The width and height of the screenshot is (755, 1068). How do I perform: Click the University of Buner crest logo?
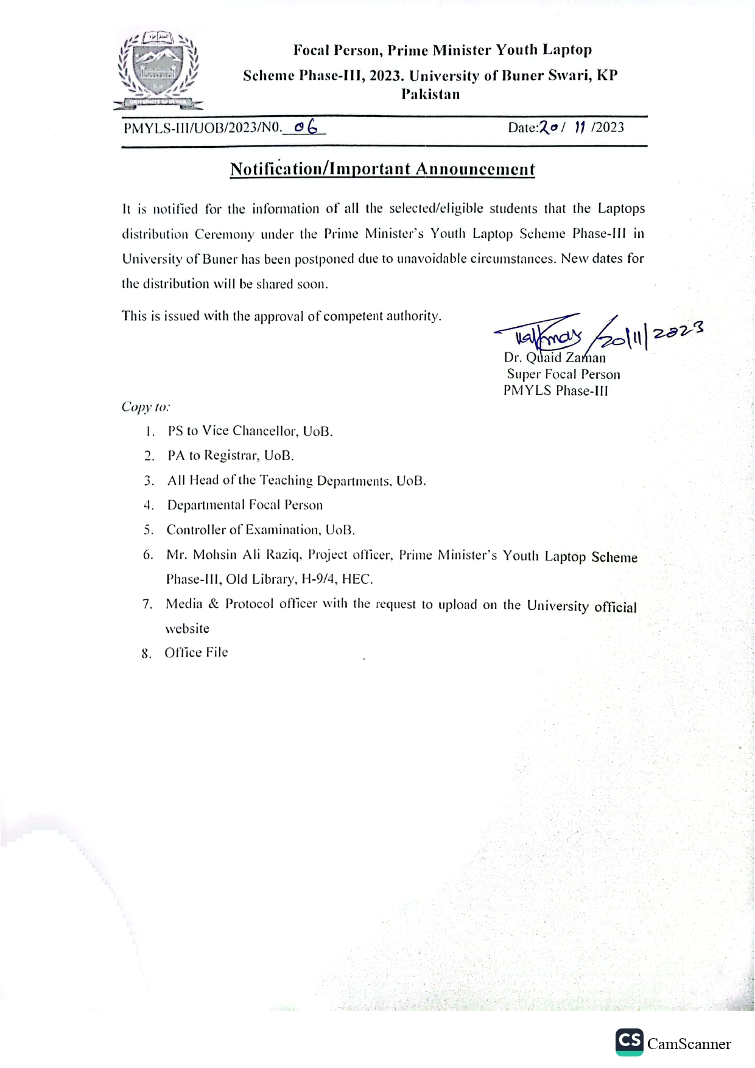[x=158, y=70]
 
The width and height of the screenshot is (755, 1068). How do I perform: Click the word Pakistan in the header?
[x=430, y=94]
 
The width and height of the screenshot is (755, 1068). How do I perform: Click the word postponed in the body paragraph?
[x=324, y=259]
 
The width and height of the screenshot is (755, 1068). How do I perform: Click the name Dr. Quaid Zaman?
[x=555, y=358]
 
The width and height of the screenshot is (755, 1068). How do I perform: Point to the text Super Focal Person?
[x=563, y=375]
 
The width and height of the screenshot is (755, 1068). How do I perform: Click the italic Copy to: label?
[x=146, y=407]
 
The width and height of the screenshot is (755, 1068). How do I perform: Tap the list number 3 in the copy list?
[x=149, y=481]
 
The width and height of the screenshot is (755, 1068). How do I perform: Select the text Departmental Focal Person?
[x=245, y=505]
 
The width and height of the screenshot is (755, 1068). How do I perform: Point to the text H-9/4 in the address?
[x=318, y=579]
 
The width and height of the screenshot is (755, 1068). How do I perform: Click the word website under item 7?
[x=187, y=629]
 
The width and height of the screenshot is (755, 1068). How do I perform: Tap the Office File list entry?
[x=196, y=652]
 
